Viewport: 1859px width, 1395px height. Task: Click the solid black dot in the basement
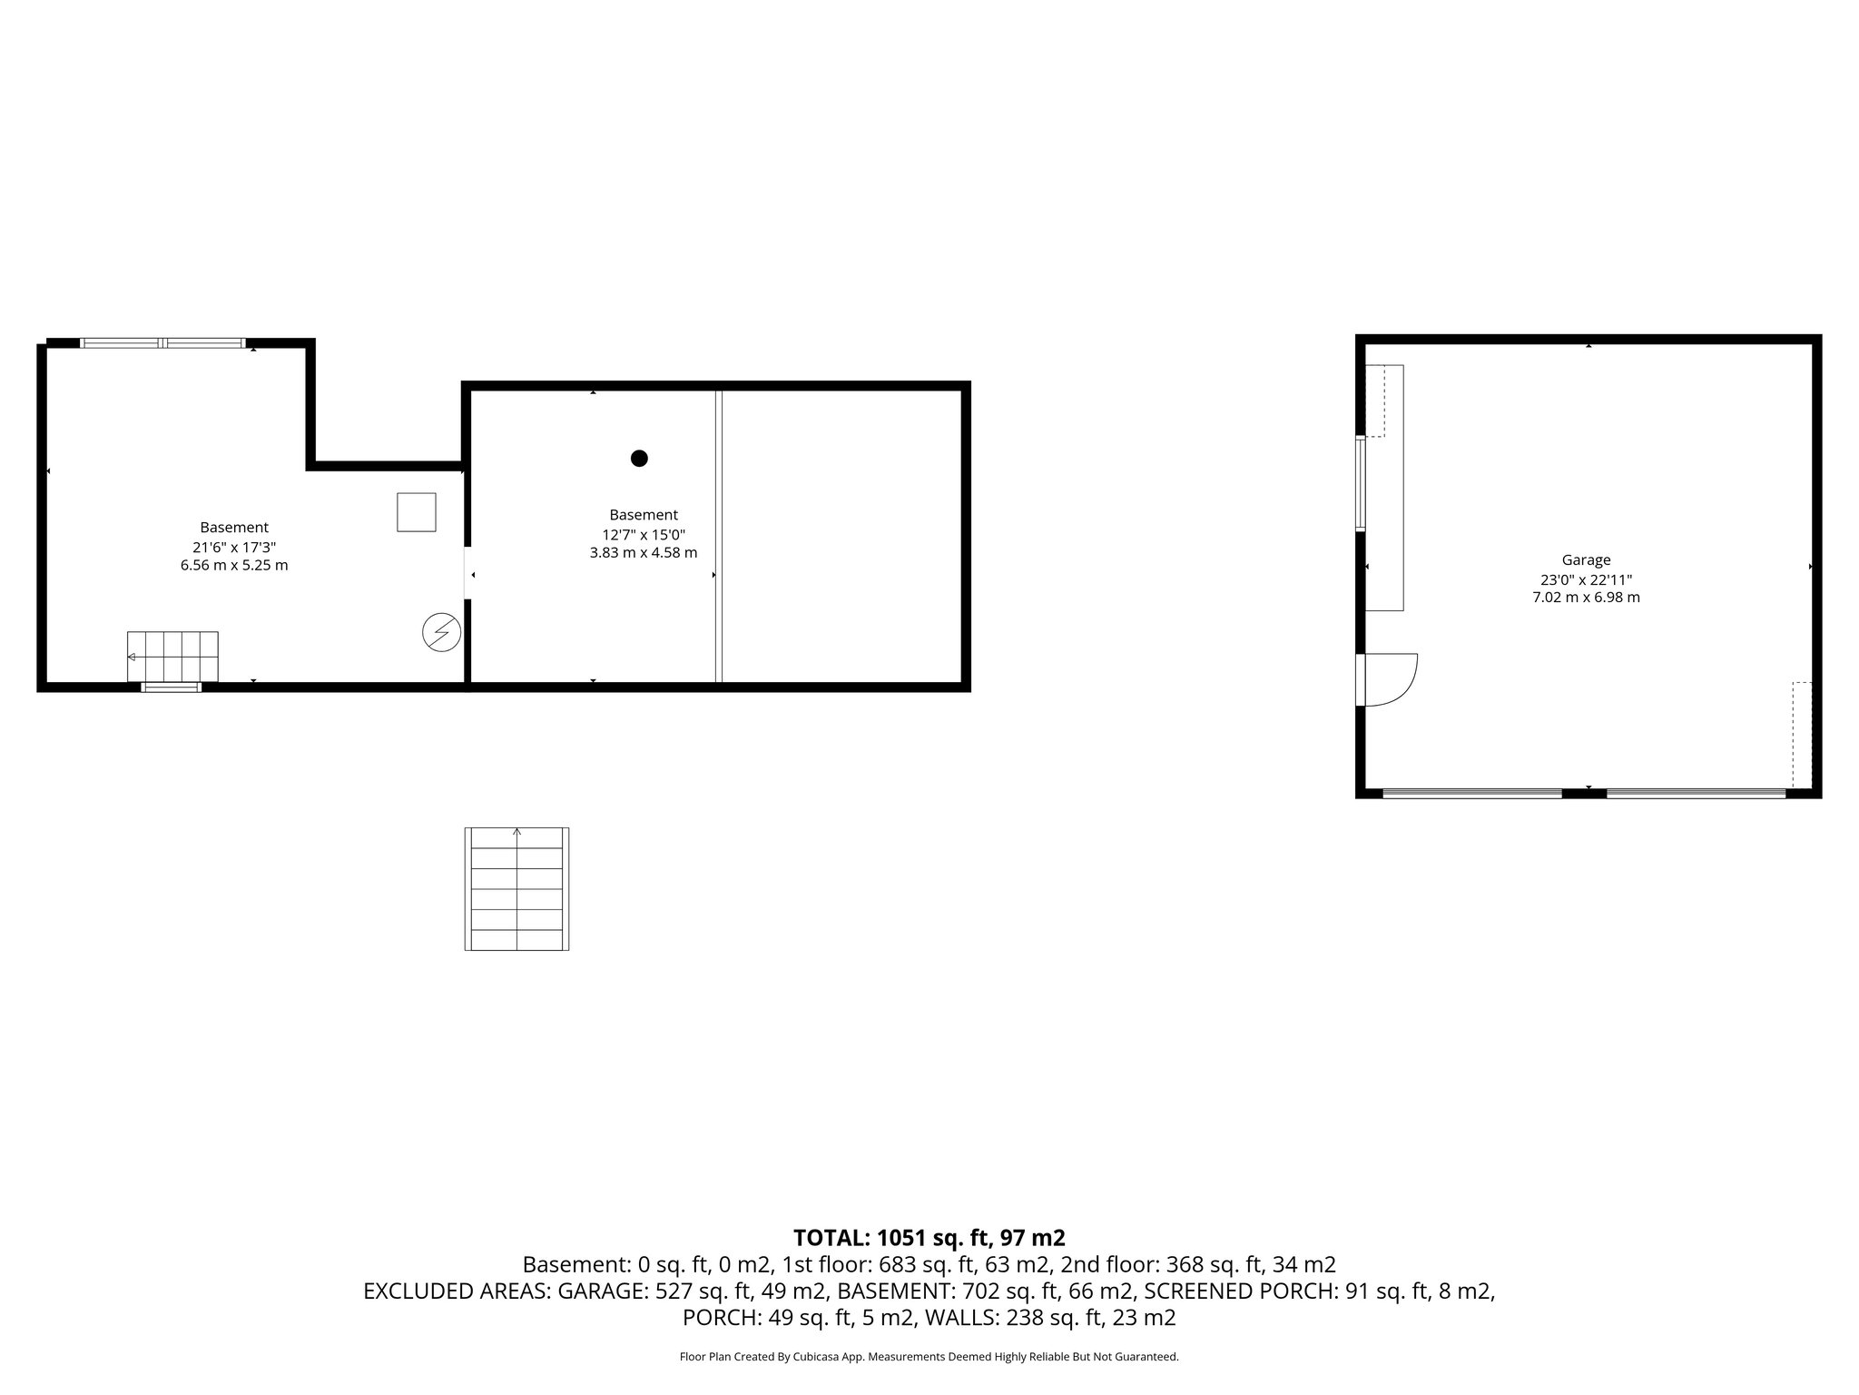pyautogui.click(x=639, y=459)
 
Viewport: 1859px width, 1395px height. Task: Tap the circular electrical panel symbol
pyautogui.click(x=442, y=632)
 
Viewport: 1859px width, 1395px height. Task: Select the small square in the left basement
pyautogui.click(x=417, y=512)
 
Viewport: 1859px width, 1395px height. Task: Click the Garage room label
pyautogui.click(x=1586, y=560)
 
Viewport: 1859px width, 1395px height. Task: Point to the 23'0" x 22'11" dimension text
pyautogui.click(x=1586, y=579)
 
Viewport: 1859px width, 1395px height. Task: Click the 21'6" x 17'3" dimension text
pyautogui.click(x=234, y=547)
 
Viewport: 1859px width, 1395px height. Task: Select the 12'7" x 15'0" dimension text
pyautogui.click(x=643, y=534)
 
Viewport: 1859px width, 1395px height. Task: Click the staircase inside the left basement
pyautogui.click(x=172, y=656)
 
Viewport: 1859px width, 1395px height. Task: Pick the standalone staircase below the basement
pyautogui.click(x=516, y=889)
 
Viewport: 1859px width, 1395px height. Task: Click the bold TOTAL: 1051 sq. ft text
pyautogui.click(x=929, y=1238)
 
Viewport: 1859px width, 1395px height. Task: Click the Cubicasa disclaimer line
pyautogui.click(x=929, y=1357)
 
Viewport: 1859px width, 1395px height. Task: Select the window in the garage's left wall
pyautogui.click(x=1360, y=484)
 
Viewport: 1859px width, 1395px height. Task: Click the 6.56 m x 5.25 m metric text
pyautogui.click(x=234, y=566)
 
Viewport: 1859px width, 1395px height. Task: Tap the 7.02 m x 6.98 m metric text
pyautogui.click(x=1586, y=598)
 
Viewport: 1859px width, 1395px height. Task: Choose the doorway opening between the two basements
pyautogui.click(x=467, y=573)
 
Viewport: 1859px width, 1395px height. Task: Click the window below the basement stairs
pyautogui.click(x=171, y=688)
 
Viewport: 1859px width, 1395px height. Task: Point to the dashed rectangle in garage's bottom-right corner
pyautogui.click(x=1803, y=735)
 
